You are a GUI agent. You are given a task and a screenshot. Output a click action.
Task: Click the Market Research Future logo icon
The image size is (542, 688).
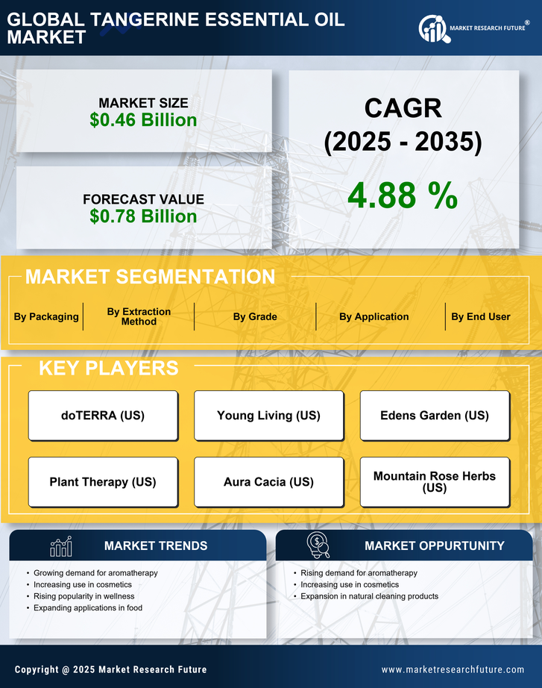tap(433, 28)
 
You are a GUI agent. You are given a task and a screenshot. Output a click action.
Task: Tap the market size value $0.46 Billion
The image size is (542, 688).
tap(143, 120)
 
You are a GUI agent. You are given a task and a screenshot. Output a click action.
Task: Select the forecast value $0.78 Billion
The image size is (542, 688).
tap(143, 216)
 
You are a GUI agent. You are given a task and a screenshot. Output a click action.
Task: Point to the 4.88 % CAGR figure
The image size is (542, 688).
tap(403, 196)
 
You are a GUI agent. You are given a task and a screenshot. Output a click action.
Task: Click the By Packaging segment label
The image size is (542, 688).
tap(46, 316)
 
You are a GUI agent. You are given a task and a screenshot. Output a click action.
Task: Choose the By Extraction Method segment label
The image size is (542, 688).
tap(139, 316)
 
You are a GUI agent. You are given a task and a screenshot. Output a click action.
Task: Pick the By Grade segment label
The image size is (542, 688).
tap(255, 316)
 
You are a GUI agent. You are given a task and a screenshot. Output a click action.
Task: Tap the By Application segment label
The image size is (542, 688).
tap(374, 316)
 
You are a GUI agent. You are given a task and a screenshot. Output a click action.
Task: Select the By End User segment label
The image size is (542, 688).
tap(481, 316)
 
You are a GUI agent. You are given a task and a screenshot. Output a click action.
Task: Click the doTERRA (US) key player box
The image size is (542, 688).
tap(103, 416)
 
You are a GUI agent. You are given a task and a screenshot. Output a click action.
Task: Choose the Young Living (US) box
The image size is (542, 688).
tap(268, 416)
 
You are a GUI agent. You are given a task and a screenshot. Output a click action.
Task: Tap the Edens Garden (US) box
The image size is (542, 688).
tap(435, 416)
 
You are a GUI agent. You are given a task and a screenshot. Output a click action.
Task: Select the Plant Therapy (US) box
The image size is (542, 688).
tap(103, 482)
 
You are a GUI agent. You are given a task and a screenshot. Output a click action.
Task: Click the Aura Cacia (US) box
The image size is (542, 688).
tap(268, 482)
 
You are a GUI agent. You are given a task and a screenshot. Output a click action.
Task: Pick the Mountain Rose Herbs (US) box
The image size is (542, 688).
tap(435, 482)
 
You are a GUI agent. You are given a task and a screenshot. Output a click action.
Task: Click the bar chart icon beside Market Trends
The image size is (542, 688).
tap(60, 546)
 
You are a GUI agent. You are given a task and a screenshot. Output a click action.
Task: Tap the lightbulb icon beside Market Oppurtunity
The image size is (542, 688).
tap(318, 545)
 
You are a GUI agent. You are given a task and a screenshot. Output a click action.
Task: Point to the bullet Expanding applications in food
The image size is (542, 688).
tap(88, 608)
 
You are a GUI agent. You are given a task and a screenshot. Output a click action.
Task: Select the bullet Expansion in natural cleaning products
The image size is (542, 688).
tap(369, 596)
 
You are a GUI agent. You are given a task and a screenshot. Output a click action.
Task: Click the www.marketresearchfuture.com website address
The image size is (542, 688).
tap(453, 669)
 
